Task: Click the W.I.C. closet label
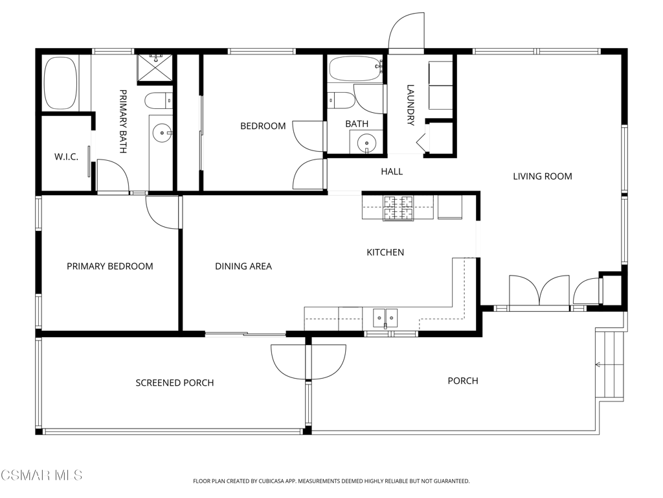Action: coord(67,157)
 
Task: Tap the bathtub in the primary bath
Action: coord(61,83)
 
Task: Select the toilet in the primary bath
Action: coord(159,101)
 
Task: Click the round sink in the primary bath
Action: coord(162,133)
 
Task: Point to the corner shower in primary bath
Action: coord(155,67)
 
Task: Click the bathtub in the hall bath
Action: coord(356,69)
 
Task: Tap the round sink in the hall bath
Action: coord(366,143)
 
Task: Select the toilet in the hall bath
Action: coord(342,101)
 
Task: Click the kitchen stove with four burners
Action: coord(398,207)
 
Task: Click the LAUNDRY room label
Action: coord(410,105)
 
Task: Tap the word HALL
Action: coord(392,171)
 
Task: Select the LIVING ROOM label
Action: coord(543,176)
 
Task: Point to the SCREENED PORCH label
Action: coord(175,383)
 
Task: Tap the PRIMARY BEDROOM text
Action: coord(110,267)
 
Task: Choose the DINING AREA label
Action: coord(243,267)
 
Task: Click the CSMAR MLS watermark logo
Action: coord(41,475)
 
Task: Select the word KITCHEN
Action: coord(385,252)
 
